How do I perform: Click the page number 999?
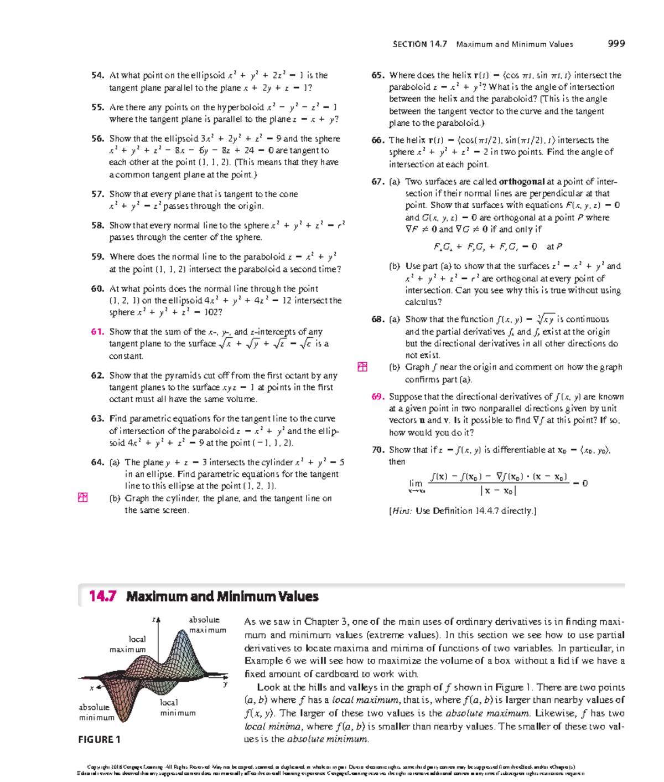pos(616,44)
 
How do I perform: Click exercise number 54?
pos(98,75)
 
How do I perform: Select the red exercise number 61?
pos(98,332)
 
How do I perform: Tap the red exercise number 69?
pos(378,397)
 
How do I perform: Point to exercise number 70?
pos(378,450)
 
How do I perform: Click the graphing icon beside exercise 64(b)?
pos(83,498)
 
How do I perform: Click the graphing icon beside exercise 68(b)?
pos(362,367)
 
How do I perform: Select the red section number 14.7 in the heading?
pos(103,596)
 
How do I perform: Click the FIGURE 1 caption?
pos(100,739)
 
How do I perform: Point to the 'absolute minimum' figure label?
pos(96,712)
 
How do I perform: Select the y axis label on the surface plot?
pos(225,685)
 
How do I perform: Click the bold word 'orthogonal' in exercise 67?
pos(522,182)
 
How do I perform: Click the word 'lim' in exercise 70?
pos(416,483)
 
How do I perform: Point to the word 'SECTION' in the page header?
pos(409,44)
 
